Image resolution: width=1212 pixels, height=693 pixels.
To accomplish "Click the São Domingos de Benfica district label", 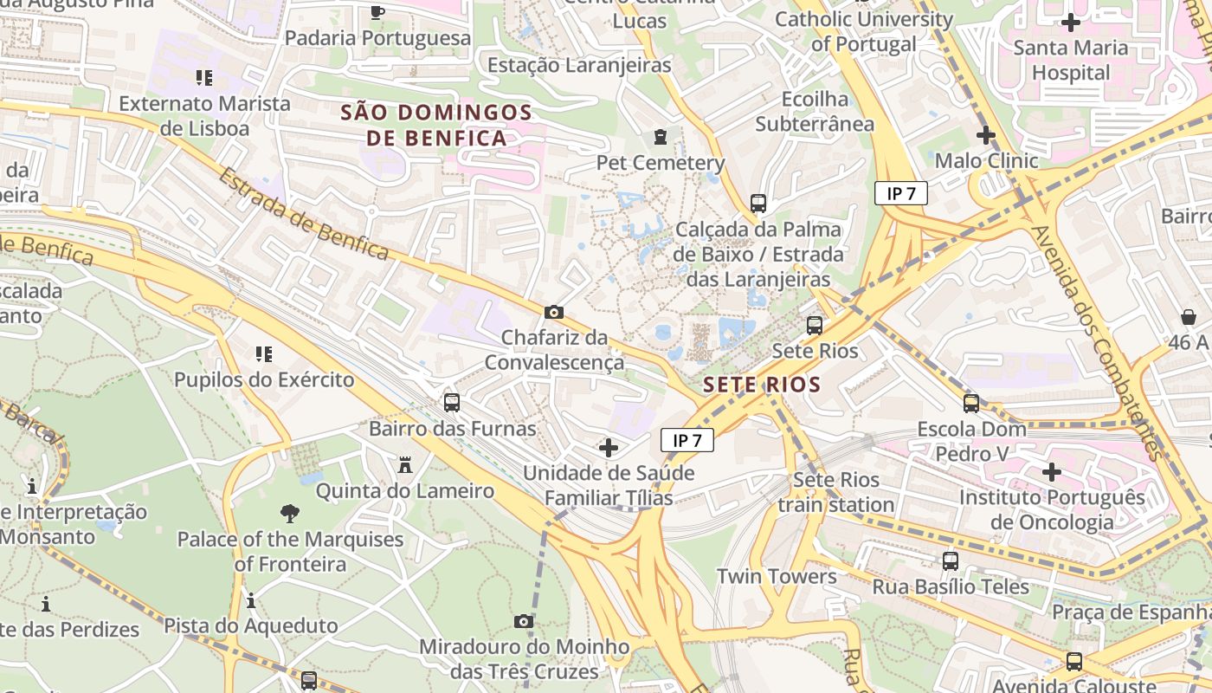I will (435, 125).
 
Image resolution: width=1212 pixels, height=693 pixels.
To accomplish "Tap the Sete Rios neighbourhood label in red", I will (761, 385).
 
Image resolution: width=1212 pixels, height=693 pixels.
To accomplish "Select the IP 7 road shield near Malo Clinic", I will (900, 193).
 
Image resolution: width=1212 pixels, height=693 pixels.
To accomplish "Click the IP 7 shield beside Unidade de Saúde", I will (687, 440).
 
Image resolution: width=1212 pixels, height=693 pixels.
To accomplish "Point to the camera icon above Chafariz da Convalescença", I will (554, 312).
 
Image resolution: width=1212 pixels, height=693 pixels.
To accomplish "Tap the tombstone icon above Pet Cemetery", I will (661, 137).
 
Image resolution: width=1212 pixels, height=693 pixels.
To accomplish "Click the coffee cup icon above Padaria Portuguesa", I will (377, 12).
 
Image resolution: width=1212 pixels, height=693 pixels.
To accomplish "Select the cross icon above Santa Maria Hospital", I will (1071, 23).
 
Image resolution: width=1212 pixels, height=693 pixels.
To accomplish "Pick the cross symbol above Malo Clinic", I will (985, 135).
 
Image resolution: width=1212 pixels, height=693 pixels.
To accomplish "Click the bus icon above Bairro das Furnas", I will (452, 403).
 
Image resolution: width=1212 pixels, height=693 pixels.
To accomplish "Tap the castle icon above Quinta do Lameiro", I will (404, 465).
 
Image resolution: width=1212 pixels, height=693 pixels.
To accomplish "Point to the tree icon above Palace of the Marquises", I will (290, 514).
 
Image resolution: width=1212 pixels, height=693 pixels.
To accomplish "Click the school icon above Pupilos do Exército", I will (264, 354).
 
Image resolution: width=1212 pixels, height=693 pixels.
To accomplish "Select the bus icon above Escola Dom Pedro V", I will (971, 404).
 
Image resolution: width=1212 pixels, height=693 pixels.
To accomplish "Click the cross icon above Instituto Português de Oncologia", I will (1052, 472).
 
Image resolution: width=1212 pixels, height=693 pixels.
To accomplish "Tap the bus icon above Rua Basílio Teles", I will (951, 561).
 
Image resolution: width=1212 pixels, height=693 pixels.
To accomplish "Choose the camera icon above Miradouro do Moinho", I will (524, 621).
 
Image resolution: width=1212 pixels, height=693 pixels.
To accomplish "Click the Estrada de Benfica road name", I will (303, 213).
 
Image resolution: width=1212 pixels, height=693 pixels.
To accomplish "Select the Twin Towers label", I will (777, 576).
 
